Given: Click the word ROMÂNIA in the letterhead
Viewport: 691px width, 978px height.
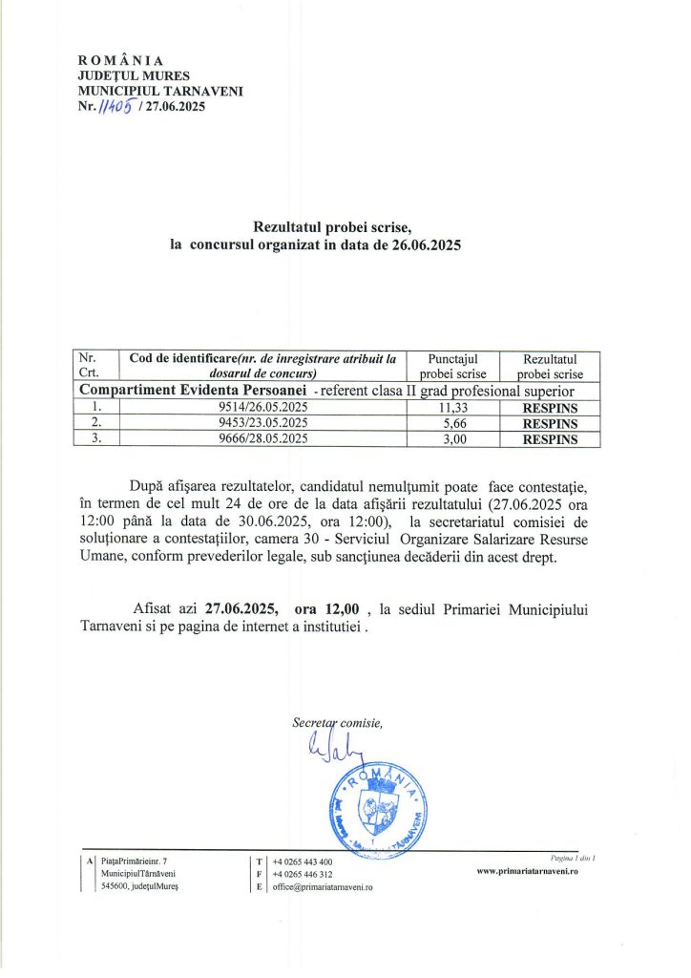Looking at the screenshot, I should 120,59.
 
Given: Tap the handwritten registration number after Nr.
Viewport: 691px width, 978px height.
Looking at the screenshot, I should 114,106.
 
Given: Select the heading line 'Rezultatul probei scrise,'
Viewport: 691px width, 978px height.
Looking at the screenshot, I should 331,227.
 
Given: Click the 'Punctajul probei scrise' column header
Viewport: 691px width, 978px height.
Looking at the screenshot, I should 447,366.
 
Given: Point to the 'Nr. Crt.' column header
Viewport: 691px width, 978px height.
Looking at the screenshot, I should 94,366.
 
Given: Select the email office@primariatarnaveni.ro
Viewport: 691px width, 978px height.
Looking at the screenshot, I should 323,887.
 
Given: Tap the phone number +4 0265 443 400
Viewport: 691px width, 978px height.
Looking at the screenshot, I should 303,861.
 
